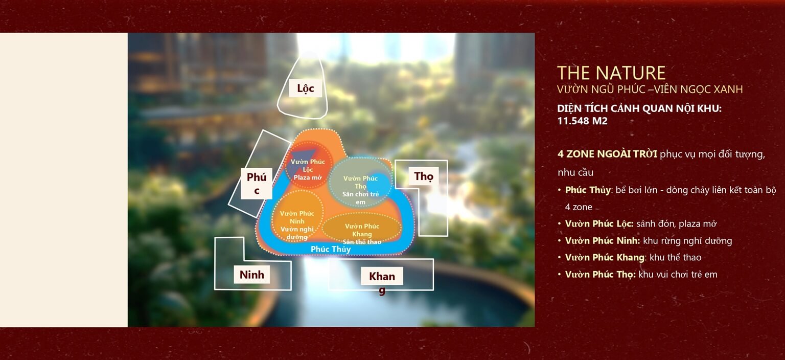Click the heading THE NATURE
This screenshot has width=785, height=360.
click(611, 73)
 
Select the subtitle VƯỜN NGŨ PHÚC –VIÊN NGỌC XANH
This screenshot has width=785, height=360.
click(650, 89)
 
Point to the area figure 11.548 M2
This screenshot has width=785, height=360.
click(582, 121)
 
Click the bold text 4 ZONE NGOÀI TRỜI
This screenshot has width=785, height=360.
click(607, 154)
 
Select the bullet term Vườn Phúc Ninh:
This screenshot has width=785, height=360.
click(602, 241)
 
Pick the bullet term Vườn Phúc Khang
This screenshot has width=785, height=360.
click(604, 258)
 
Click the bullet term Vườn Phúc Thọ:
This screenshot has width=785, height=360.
click(600, 275)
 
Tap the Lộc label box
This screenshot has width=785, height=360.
click(305, 88)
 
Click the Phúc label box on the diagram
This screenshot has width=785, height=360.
click(257, 184)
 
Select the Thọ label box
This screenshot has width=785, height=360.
click(423, 176)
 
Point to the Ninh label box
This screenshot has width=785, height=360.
click(252, 275)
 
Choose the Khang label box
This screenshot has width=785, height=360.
click(382, 277)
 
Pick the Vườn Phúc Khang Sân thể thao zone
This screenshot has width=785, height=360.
click(362, 230)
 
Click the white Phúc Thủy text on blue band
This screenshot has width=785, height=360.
click(331, 249)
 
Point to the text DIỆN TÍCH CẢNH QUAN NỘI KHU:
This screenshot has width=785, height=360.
click(639, 109)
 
